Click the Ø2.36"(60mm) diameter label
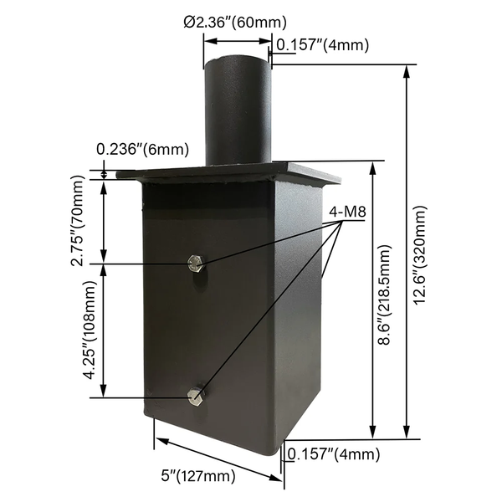tap(237, 20)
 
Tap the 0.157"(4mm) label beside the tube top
tap(322, 45)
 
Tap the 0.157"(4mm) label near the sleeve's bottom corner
tap(333, 455)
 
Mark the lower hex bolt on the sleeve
tap(197, 397)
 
